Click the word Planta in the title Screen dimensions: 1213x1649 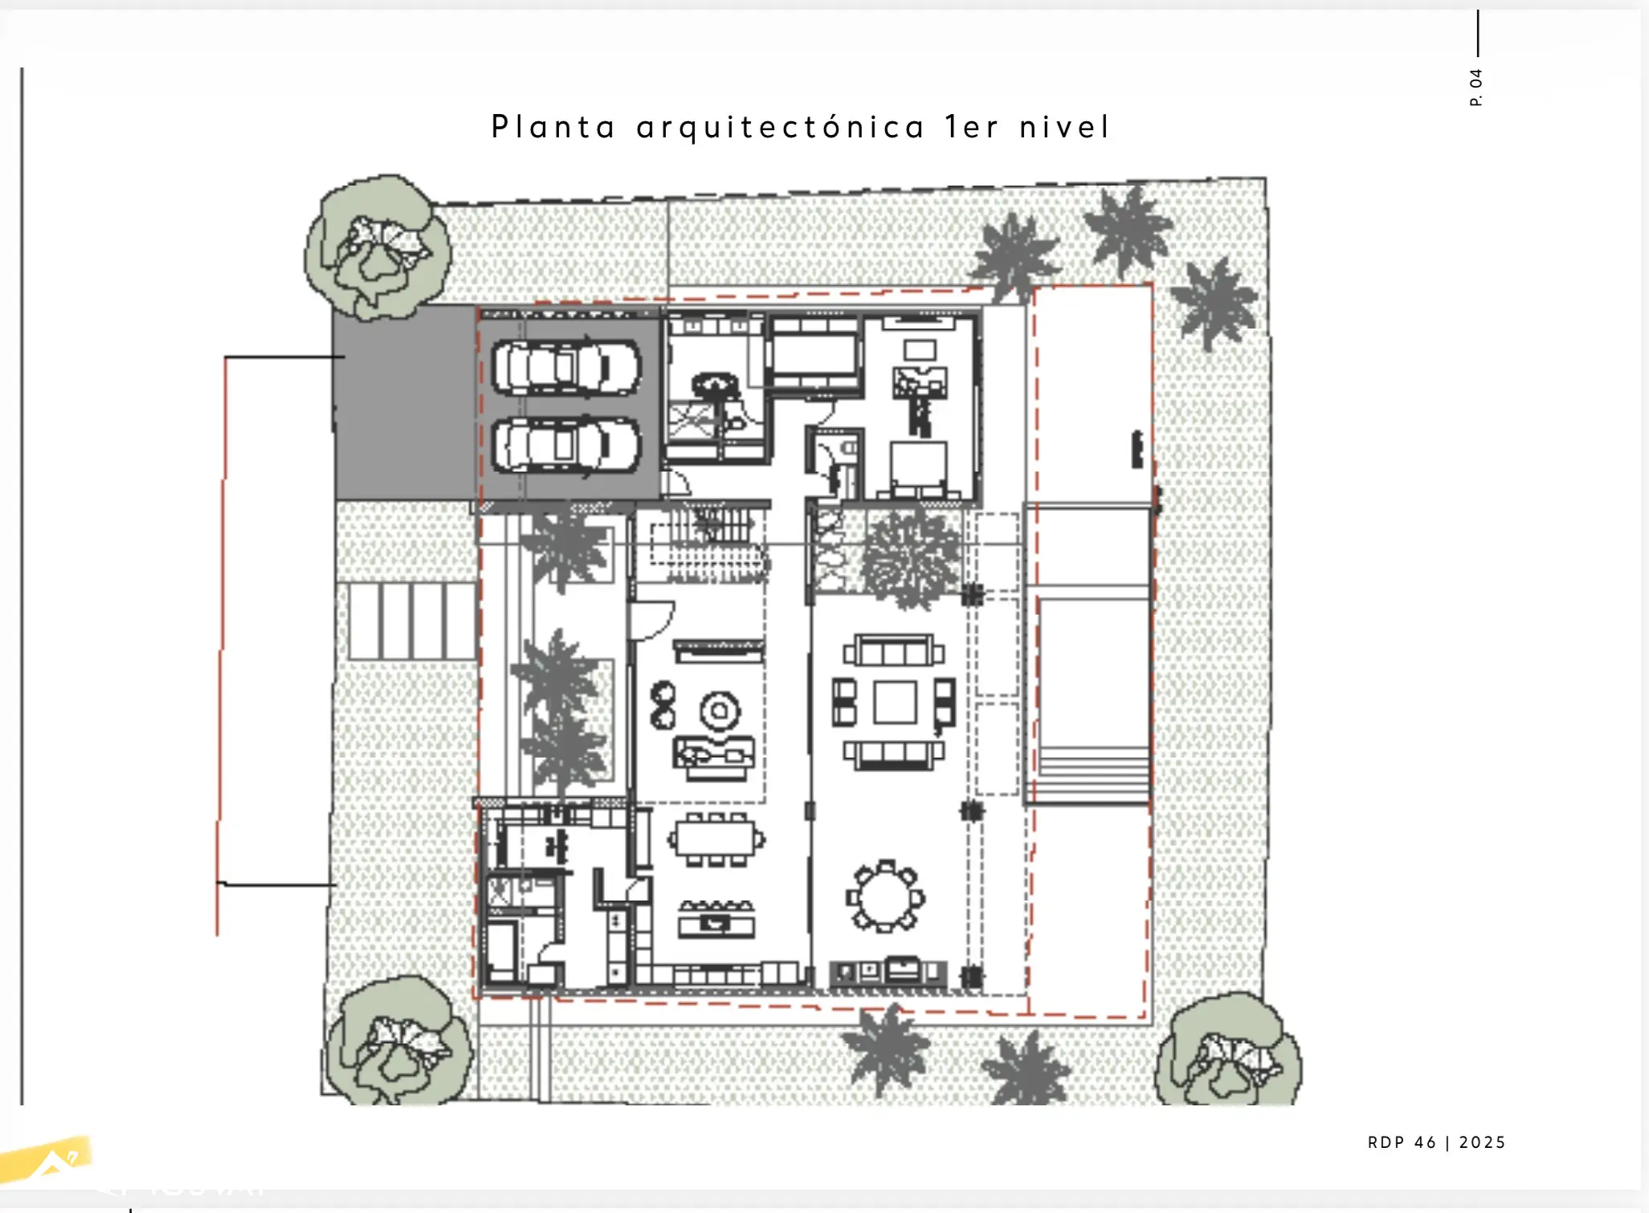553,128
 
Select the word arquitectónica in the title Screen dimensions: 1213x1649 781,128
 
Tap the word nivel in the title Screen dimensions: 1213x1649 1065,127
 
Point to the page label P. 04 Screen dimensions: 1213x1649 1476,87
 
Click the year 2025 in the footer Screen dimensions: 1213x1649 1483,1142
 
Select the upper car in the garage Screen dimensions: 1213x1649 566,368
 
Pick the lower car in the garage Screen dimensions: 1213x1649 566,447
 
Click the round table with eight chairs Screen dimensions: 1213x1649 885,896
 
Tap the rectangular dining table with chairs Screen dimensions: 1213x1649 716,839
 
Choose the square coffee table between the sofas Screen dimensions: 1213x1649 895,702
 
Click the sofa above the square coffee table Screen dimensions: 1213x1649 894,650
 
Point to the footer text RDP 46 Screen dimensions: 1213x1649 1402,1142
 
